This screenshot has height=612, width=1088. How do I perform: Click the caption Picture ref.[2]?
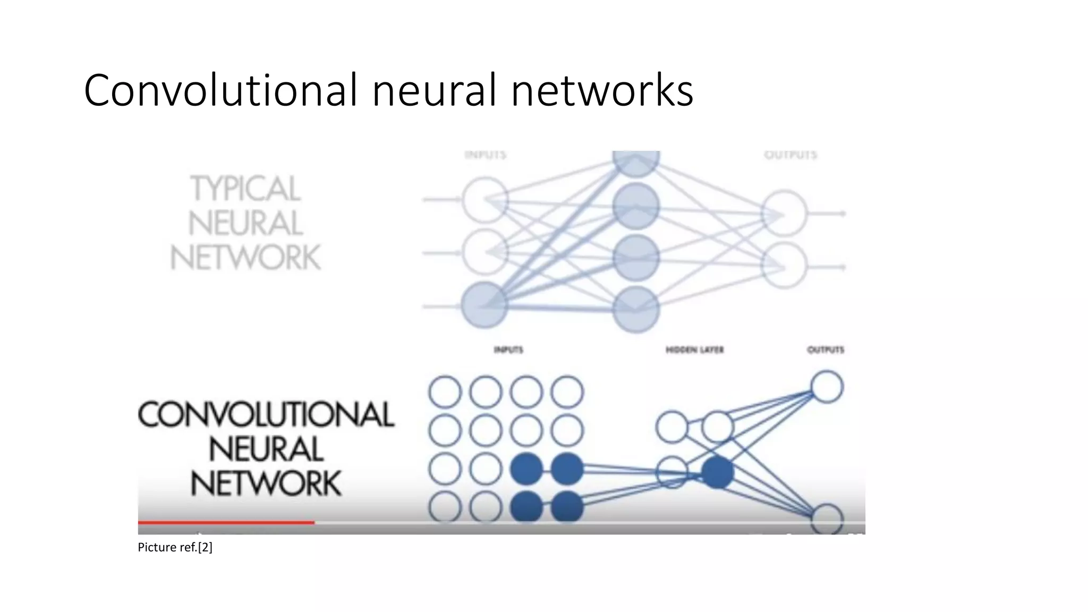click(x=175, y=547)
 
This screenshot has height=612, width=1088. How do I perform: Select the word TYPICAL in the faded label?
click(x=245, y=189)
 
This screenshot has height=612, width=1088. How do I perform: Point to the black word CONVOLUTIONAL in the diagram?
click(x=266, y=414)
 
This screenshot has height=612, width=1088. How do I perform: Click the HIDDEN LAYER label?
click(x=694, y=350)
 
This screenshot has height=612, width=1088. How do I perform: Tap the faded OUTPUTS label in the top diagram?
click(x=790, y=155)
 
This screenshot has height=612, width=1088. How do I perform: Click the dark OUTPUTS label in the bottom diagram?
click(x=826, y=350)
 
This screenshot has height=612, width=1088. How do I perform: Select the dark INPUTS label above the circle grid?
click(x=508, y=350)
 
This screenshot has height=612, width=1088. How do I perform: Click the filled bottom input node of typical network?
click(x=484, y=305)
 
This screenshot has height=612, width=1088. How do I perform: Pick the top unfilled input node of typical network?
click(x=484, y=200)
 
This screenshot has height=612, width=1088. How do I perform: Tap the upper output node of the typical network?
click(x=784, y=214)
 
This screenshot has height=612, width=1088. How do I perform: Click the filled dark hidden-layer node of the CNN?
click(x=717, y=472)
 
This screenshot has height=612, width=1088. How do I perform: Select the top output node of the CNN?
click(x=827, y=387)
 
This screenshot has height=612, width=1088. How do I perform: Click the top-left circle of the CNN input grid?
click(x=445, y=392)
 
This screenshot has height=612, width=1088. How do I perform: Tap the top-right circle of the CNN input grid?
click(x=567, y=392)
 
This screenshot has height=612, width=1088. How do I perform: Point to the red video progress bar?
click(x=226, y=523)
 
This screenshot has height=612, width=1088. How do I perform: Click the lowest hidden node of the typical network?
click(x=636, y=309)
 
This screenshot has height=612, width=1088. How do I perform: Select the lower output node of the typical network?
click(x=784, y=266)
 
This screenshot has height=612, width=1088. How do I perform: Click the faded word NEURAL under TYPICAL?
click(x=245, y=223)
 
